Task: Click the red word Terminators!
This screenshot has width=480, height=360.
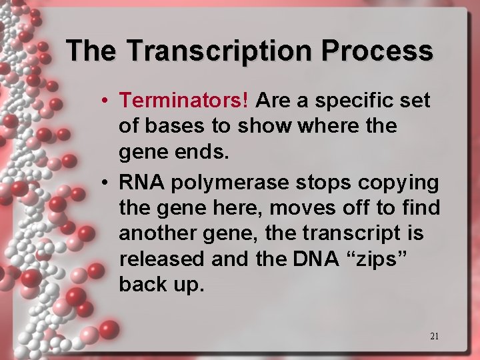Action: (185, 101)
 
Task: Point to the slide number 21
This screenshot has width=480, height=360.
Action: (434, 336)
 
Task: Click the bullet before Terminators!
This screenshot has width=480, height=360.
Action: (106, 101)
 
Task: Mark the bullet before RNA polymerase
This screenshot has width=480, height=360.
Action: (106, 183)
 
